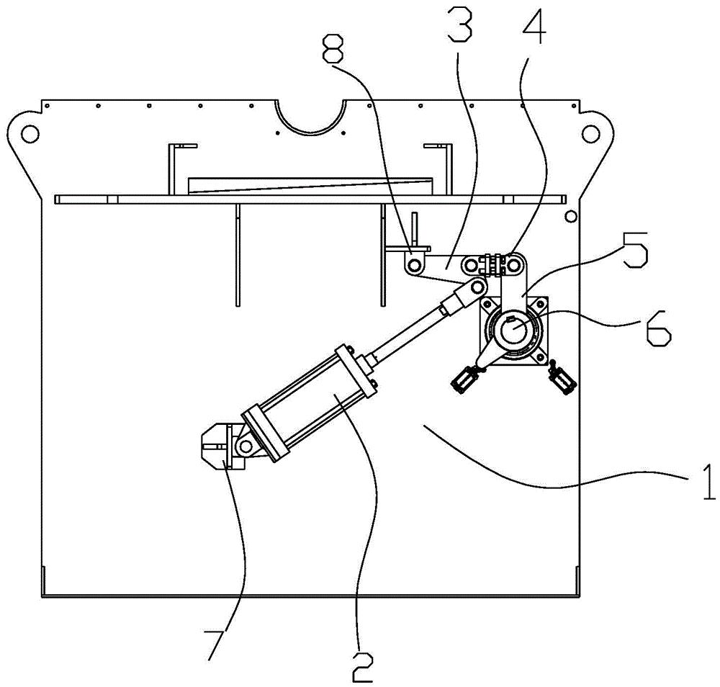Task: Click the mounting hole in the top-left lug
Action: coord(30,133)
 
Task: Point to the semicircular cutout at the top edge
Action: coord(310,115)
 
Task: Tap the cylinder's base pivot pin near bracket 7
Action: coord(245,447)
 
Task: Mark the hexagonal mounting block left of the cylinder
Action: coord(215,446)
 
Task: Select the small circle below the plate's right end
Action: coord(570,216)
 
